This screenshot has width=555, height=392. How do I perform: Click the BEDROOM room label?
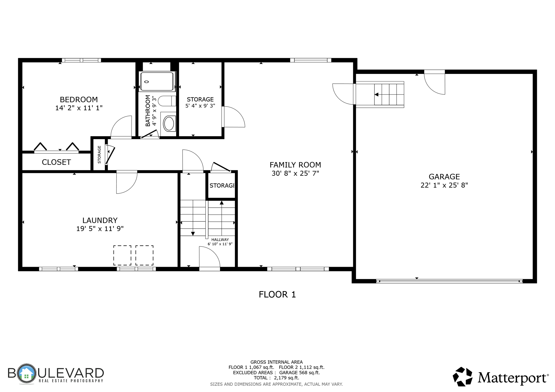pos(79,99)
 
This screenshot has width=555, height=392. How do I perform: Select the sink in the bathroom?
pos(169,124)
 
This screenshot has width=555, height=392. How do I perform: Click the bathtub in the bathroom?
pos(157,81)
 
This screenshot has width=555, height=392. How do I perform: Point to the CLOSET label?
pos(56,162)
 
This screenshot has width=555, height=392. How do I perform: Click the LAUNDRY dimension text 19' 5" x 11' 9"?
pos(100,229)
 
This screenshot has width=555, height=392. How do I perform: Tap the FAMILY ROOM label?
pos(295,165)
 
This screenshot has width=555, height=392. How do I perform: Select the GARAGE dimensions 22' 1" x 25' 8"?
pos(444,185)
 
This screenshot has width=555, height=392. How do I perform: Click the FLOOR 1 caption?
pos(277,295)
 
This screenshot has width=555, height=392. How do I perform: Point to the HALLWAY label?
pos(220,240)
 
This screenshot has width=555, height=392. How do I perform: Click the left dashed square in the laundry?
pos(122,255)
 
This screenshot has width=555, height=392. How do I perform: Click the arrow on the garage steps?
pos(376,94)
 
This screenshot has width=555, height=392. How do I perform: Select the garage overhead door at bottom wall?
pos(449,281)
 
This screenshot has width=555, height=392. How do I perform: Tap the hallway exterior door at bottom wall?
pos(209,269)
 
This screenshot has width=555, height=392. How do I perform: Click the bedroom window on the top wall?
pos(81,60)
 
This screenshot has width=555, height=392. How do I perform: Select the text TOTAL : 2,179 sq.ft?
pos(276,378)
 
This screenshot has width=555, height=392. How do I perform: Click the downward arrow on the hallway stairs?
pos(193,233)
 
